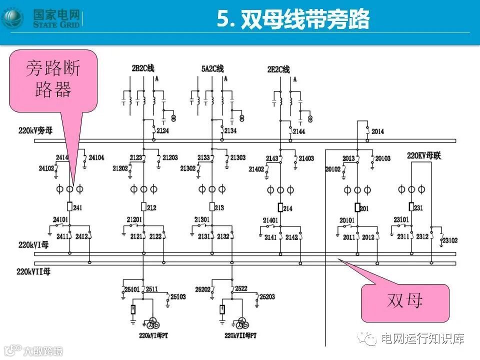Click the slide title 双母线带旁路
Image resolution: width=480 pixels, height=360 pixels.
pos(292,20)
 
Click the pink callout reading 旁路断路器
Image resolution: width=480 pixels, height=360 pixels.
pos(53,80)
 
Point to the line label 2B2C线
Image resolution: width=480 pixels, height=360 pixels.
pos(142,68)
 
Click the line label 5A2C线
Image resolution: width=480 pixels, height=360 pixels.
pos(212,68)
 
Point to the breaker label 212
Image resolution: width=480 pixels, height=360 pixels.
pos(152,207)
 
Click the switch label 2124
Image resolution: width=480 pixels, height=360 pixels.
pos(162,131)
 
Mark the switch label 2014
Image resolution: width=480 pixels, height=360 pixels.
pos(377,131)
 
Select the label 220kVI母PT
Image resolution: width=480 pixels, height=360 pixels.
pos(156,334)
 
